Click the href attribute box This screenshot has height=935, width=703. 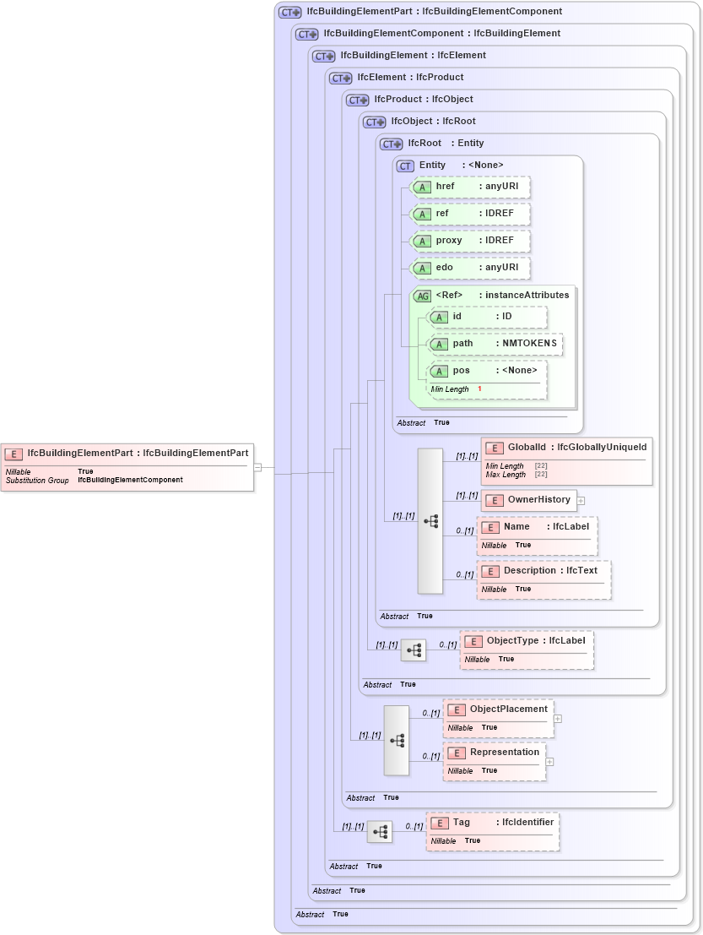click(470, 187)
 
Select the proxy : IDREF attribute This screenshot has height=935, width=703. click(470, 241)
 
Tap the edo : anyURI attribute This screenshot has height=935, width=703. click(470, 268)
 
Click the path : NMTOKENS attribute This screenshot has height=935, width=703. click(495, 345)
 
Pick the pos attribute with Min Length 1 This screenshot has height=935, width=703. click(487, 379)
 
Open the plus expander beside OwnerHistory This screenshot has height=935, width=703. click(581, 501)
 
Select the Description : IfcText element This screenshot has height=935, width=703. click(543, 579)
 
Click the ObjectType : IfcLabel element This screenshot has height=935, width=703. click(527, 649)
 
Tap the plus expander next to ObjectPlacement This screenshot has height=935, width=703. click(558, 720)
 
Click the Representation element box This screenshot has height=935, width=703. click(495, 761)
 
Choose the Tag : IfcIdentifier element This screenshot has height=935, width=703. click(492, 831)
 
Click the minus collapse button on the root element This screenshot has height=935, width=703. click(257, 467)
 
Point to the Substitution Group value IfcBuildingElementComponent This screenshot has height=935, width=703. click(130, 480)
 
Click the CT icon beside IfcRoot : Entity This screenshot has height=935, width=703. click(392, 144)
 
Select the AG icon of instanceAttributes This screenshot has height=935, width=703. click(423, 296)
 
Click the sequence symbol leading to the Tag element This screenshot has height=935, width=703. click(380, 832)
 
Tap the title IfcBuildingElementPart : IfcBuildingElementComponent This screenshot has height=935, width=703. click(434, 12)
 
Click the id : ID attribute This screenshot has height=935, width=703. click(487, 317)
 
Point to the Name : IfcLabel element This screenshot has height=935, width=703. click(537, 535)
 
